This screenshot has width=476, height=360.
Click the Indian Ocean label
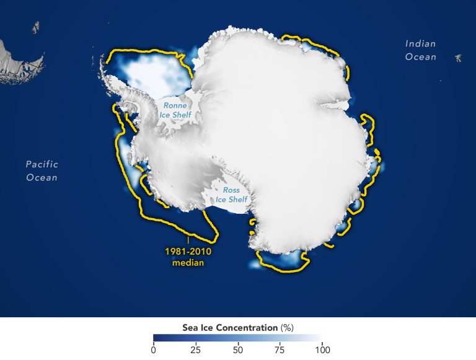click(421, 50)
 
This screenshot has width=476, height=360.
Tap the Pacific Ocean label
click(42, 171)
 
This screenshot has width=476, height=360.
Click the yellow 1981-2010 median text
click(187, 257)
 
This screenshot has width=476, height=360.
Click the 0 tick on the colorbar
click(154, 349)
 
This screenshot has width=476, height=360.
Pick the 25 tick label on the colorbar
click(195, 349)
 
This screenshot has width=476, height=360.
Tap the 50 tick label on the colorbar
click(237, 349)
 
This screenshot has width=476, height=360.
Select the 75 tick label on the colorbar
click(280, 349)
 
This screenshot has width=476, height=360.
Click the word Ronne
click(175, 105)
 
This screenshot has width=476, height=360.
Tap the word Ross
click(231, 190)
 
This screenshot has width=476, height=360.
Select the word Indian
click(421, 44)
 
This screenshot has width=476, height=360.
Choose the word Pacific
click(42, 165)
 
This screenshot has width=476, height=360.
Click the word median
click(187, 263)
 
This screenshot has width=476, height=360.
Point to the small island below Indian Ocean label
click(458, 58)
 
